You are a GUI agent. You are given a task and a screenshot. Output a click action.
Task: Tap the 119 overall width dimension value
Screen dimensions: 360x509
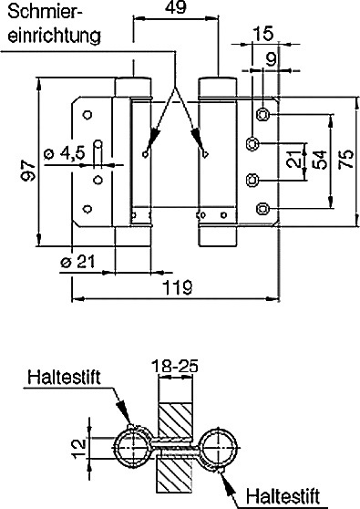[178, 286]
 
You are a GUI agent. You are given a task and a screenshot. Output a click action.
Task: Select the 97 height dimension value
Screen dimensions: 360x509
[27, 171]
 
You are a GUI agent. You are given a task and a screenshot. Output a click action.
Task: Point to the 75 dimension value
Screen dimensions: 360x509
[345, 159]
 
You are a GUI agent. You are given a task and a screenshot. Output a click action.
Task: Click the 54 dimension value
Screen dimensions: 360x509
[320, 160]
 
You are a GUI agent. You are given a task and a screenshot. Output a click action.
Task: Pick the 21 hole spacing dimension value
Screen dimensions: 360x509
[293, 159]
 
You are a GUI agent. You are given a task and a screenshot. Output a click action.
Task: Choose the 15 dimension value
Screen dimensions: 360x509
[263, 34]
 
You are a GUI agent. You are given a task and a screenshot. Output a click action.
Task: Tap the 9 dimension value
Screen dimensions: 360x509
[271, 59]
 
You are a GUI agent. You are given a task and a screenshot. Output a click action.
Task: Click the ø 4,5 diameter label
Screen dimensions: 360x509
[65, 152]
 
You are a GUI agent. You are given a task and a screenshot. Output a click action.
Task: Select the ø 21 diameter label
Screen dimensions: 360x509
[77, 261]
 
